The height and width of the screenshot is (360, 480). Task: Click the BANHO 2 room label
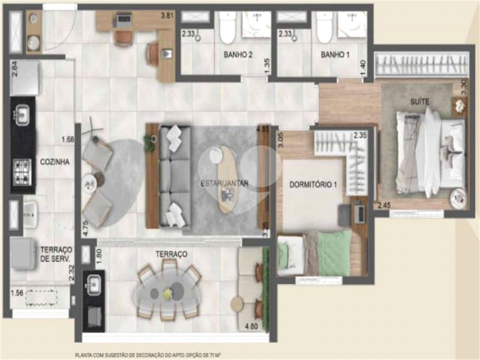point(238,55)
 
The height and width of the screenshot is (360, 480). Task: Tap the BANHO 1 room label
point(335,55)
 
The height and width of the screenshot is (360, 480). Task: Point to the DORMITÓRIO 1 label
point(313,184)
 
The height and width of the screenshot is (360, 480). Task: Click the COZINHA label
point(55,162)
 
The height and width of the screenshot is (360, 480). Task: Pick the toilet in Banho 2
point(227,28)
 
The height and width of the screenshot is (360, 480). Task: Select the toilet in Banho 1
point(324,28)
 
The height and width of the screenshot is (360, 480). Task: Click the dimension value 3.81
point(168,15)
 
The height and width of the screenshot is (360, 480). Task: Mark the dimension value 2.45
point(384,205)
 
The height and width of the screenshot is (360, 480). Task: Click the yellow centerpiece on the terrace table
point(167,293)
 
